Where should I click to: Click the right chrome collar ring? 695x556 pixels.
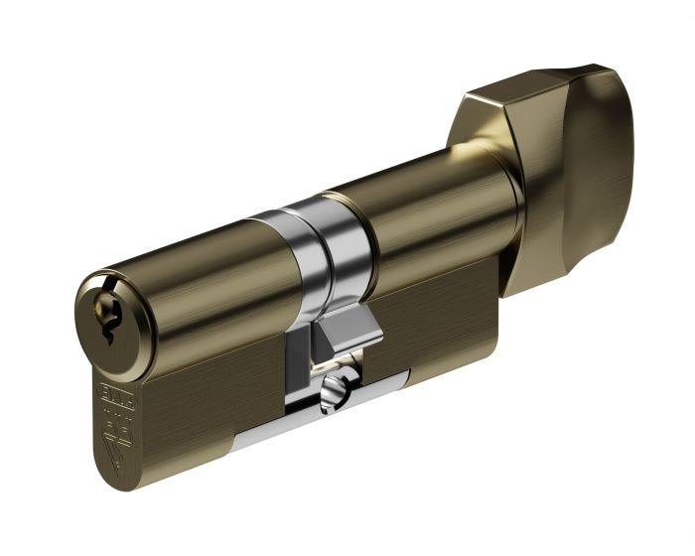(x=343, y=243)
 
